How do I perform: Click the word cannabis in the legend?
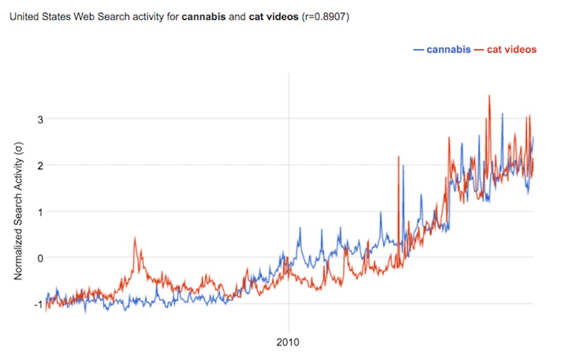[x=448, y=50]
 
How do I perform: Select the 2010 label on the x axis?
[x=289, y=342]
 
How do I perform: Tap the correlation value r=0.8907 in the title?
[x=329, y=17]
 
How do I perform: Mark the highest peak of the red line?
[x=489, y=95]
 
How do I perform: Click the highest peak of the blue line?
[x=502, y=114]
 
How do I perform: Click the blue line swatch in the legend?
[x=418, y=50]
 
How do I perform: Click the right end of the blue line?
[x=533, y=137]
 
